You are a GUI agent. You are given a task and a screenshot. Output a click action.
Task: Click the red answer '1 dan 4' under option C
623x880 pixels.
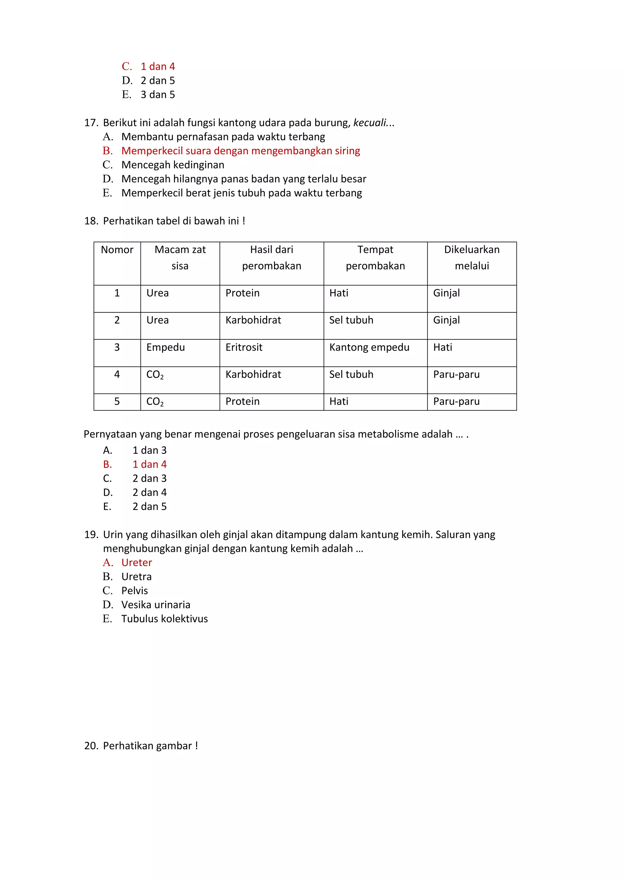pyautogui.click(x=157, y=67)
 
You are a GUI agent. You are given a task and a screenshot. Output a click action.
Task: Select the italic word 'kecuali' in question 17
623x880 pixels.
pyautogui.click(x=370, y=123)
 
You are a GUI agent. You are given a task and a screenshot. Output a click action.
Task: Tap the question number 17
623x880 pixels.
pyautogui.click(x=91, y=123)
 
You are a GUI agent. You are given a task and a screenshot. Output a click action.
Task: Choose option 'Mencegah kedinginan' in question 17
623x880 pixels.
pyautogui.click(x=172, y=165)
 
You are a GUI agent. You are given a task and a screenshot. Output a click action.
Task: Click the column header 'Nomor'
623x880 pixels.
pyautogui.click(x=117, y=250)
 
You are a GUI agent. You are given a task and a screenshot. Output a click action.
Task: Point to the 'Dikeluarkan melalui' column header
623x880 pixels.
pyautogui.click(x=472, y=258)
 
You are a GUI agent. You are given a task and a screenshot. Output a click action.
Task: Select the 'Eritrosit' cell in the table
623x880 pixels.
pyautogui.click(x=244, y=347)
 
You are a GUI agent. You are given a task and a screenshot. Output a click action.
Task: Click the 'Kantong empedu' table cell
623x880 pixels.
pyautogui.click(x=369, y=347)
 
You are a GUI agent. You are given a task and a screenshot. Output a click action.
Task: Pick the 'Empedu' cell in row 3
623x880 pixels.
pyautogui.click(x=165, y=347)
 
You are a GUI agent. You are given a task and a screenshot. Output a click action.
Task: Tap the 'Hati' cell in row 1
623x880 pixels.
pyautogui.click(x=339, y=293)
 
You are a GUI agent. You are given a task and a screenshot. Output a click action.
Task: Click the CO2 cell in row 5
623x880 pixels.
pyautogui.click(x=155, y=402)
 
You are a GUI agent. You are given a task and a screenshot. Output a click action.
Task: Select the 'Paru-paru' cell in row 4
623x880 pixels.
pyautogui.click(x=456, y=374)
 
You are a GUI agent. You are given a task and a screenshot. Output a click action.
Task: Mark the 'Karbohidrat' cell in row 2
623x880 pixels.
pyautogui.click(x=253, y=320)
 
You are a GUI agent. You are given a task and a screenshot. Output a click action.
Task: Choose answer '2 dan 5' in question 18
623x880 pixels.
pyautogui.click(x=150, y=507)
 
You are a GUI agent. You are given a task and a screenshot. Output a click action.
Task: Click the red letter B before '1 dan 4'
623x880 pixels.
pyautogui.click(x=107, y=465)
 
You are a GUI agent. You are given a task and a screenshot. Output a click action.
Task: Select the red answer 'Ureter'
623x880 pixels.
pyautogui.click(x=137, y=563)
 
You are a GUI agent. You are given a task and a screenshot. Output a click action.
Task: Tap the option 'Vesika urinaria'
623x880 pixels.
pyautogui.click(x=156, y=605)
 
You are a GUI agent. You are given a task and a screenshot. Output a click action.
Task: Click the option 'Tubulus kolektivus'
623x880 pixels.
pyautogui.click(x=165, y=619)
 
